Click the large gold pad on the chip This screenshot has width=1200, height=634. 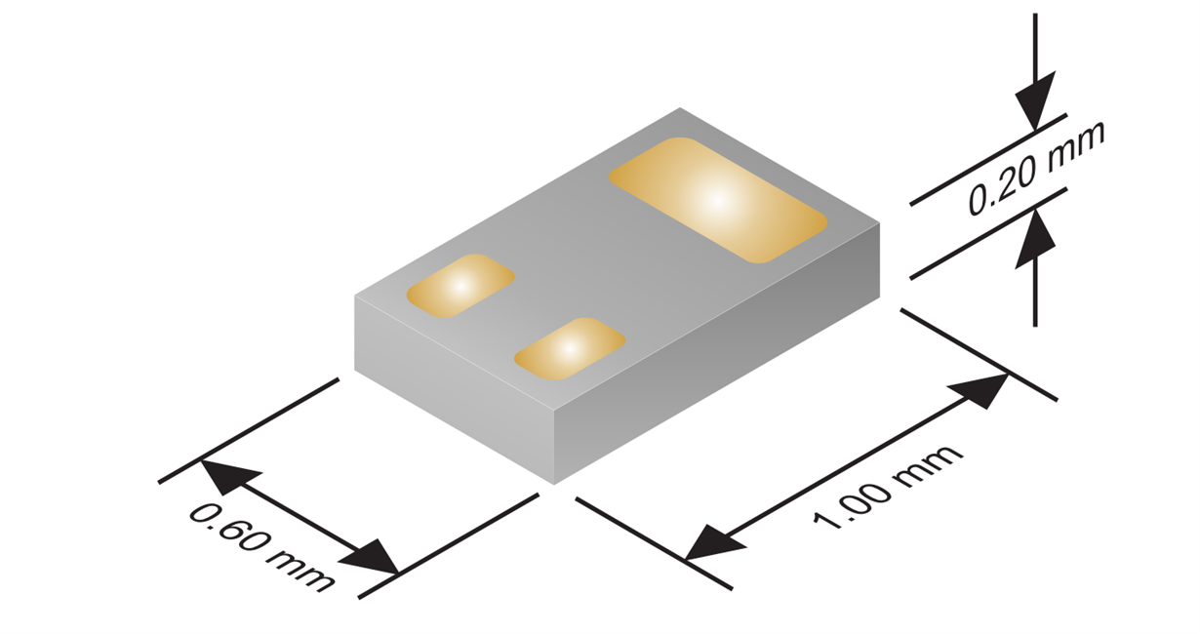(x=717, y=200)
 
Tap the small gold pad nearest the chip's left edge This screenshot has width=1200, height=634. (x=460, y=286)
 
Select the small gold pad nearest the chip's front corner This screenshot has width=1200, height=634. (x=569, y=348)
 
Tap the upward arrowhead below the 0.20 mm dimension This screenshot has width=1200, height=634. (x=1035, y=239)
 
